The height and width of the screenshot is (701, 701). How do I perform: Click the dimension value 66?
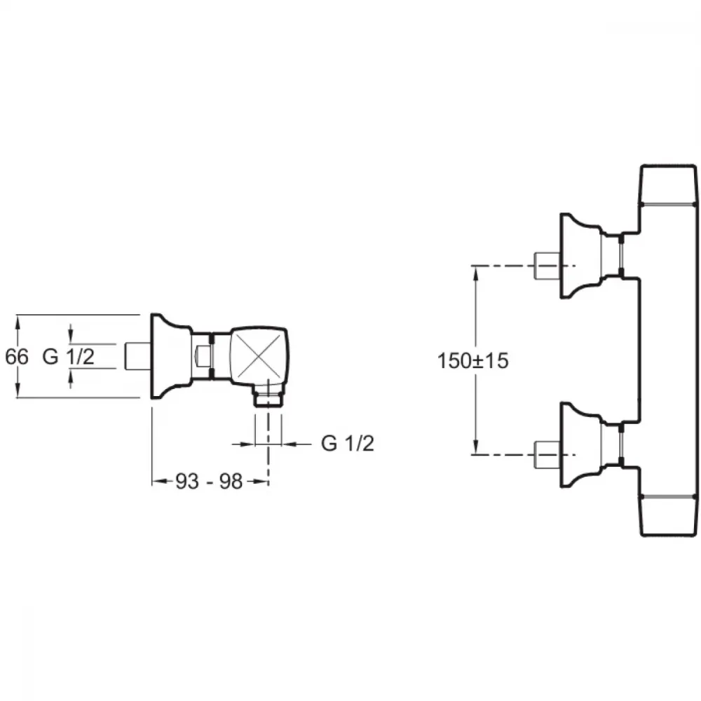[17, 357]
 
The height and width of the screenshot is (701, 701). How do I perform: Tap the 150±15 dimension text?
[472, 361]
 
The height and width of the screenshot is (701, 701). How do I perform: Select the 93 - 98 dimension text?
[209, 482]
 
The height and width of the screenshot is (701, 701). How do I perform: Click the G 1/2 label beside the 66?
[69, 357]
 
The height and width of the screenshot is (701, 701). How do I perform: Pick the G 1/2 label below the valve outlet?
[348, 444]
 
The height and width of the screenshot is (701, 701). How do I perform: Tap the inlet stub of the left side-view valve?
[137, 356]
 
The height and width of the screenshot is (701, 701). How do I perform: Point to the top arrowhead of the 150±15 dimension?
[477, 273]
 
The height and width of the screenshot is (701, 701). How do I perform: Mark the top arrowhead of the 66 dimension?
[18, 322]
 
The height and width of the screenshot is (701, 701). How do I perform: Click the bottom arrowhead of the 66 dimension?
[18, 390]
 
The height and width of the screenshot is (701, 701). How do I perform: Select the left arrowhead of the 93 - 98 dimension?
[159, 482]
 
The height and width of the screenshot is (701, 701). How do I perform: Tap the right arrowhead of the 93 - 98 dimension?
[261, 482]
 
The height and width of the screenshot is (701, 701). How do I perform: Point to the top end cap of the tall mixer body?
[669, 184]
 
